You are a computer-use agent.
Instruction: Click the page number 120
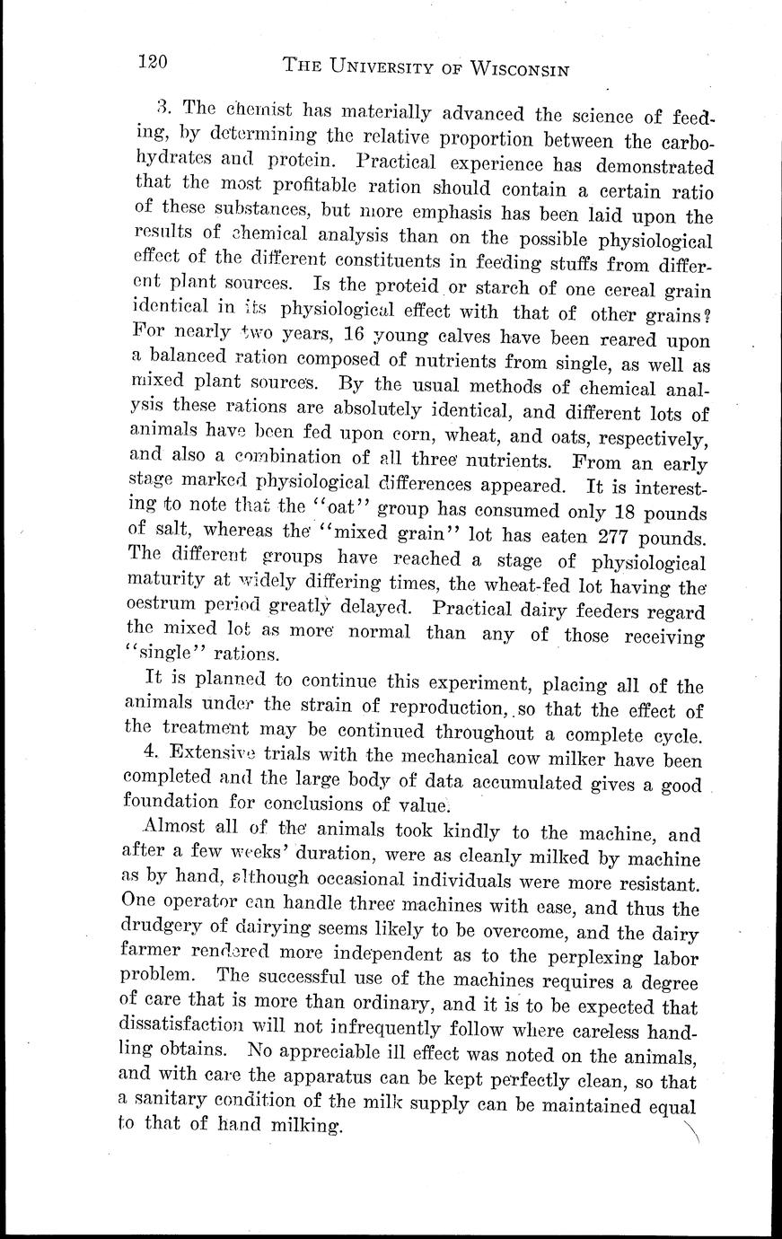coord(154,62)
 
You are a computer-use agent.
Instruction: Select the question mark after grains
coord(707,315)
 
